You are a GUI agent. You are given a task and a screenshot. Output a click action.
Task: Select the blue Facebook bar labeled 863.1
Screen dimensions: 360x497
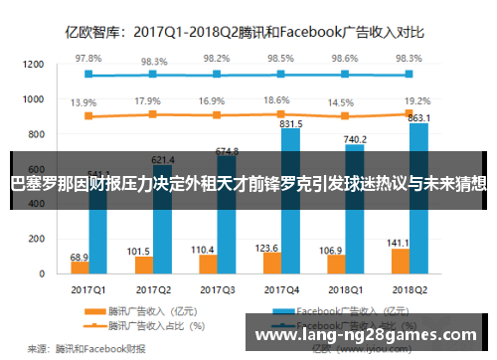click(414, 199)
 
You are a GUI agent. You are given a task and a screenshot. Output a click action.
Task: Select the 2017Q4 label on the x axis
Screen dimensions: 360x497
click(282, 291)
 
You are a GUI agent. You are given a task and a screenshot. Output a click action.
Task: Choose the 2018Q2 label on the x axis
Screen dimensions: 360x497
click(408, 291)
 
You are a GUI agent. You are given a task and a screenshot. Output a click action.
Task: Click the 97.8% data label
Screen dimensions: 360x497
click(87, 59)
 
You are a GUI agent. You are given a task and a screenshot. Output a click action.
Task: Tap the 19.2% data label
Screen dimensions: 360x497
click(416, 100)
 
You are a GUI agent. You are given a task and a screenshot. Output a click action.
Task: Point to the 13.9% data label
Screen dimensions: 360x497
click(83, 102)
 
